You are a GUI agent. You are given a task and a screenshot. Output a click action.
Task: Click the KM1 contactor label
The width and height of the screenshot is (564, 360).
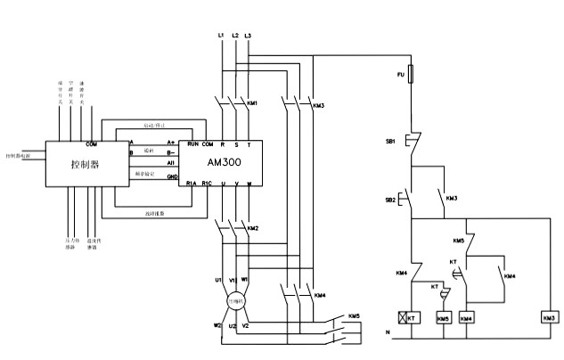[x=252, y=104]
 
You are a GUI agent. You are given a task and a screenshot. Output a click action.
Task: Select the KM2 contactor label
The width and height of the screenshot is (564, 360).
[x=253, y=228]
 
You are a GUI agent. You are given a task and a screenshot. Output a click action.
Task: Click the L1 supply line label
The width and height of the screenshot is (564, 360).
[x=220, y=35]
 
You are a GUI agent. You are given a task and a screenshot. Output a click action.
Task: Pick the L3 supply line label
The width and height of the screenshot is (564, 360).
[x=248, y=35]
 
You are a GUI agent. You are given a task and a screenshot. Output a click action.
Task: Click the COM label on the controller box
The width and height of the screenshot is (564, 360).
[x=91, y=143]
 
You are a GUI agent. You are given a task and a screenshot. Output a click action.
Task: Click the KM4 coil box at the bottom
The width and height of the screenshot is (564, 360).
[x=466, y=317]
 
